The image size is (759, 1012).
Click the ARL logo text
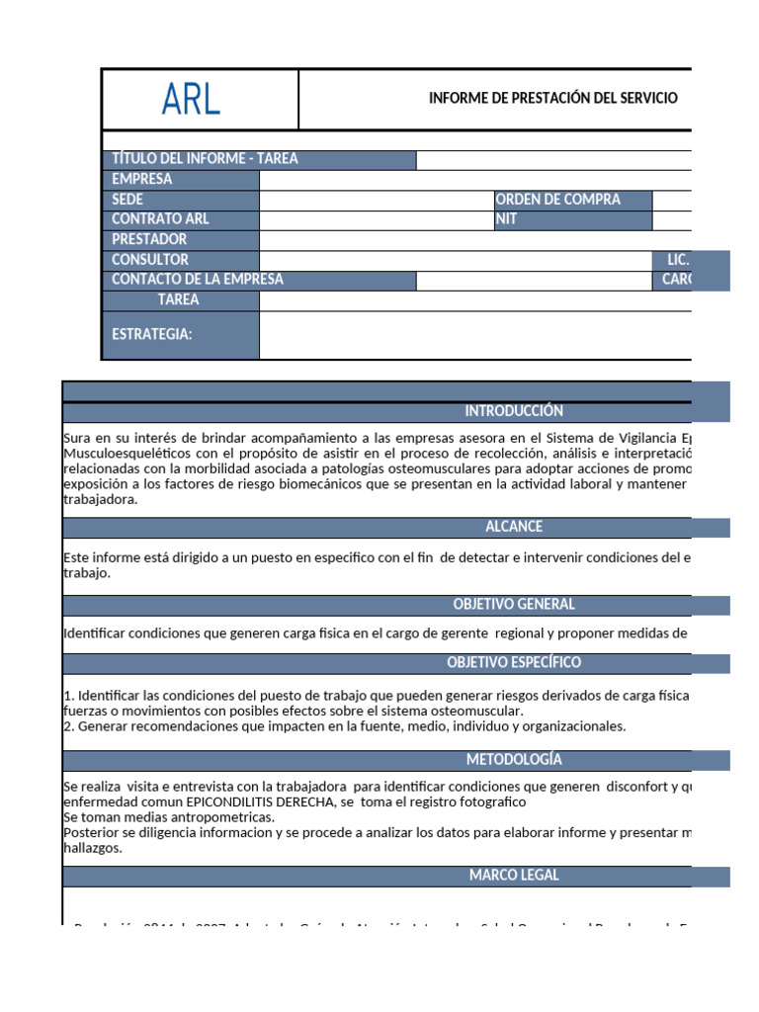coord(192,99)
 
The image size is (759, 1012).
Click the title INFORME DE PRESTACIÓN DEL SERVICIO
coord(553,98)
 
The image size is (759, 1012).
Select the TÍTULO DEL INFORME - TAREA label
coord(205,159)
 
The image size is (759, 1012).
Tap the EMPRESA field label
coord(142,179)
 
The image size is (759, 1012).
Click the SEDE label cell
coord(128,200)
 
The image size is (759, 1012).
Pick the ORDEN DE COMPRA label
coord(558,200)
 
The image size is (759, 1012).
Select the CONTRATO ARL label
coord(161,219)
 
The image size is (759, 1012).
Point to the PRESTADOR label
coord(149,239)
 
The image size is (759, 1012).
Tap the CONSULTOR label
coord(150,260)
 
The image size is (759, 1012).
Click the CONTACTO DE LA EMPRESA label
coord(198,280)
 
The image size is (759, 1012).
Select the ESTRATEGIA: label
coord(152,334)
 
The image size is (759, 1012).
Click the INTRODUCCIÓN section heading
coord(514,411)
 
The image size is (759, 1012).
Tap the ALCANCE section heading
coord(514,527)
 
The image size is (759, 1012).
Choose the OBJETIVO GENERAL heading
coord(514,604)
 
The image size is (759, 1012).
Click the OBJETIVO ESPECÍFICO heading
coord(514,662)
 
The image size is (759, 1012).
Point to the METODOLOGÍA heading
coord(514,759)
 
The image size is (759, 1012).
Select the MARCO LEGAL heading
coord(514,876)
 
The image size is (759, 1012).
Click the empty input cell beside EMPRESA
coord(474,180)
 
